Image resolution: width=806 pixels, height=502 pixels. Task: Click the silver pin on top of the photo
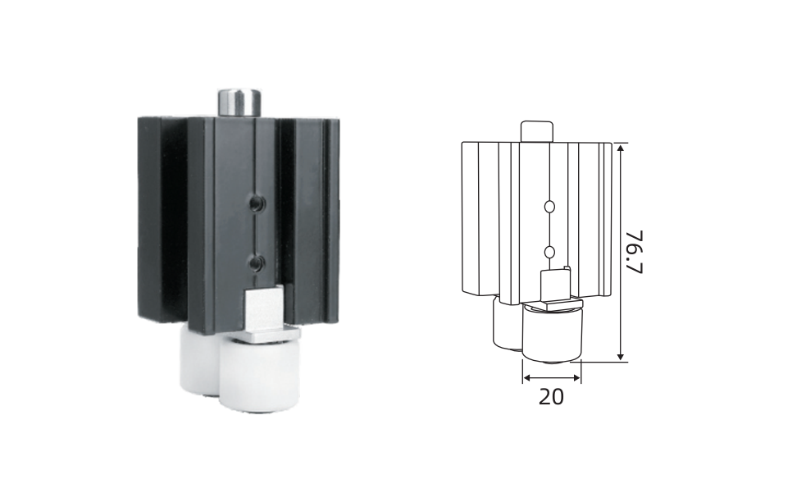[239, 103]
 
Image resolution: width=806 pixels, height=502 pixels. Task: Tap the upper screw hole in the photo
[257, 203]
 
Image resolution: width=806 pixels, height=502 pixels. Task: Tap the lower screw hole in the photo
[257, 264]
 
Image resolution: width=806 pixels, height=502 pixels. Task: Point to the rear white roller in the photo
[200, 360]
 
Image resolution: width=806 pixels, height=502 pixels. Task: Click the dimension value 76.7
[635, 252]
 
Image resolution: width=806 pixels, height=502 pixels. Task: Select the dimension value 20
[551, 396]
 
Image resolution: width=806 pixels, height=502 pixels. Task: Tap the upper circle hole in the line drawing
[549, 207]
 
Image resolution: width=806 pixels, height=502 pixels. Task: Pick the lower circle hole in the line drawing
[549, 252]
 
